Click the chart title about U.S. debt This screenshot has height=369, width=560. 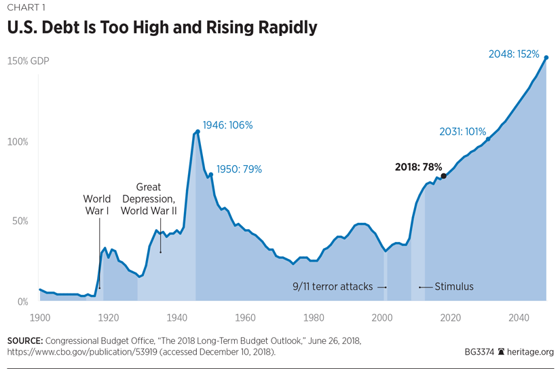pyautogui.click(x=162, y=28)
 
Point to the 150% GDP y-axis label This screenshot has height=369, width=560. pyautogui.click(x=28, y=61)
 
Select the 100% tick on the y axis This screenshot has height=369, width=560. pyautogui.click(x=18, y=141)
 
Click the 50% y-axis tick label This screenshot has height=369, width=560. pyautogui.click(x=20, y=222)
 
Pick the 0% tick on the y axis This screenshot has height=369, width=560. pyautogui.click(x=22, y=301)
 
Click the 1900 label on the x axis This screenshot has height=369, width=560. pyautogui.click(x=40, y=317)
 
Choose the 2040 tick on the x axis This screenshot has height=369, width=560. pyautogui.click(x=519, y=317)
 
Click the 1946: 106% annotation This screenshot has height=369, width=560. pyautogui.click(x=228, y=125)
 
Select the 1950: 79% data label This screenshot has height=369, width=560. pyautogui.click(x=239, y=169)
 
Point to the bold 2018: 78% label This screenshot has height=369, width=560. pyautogui.click(x=418, y=166)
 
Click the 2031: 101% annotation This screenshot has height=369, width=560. pyautogui.click(x=463, y=132)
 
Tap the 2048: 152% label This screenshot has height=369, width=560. pyautogui.click(x=514, y=54)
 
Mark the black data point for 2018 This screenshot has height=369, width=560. pyautogui.click(x=443, y=176)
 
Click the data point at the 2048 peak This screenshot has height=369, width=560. pyautogui.click(x=546, y=58)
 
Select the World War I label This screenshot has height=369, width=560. pyautogui.click(x=97, y=205)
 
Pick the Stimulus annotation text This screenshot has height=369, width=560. pyautogui.click(x=454, y=287)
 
